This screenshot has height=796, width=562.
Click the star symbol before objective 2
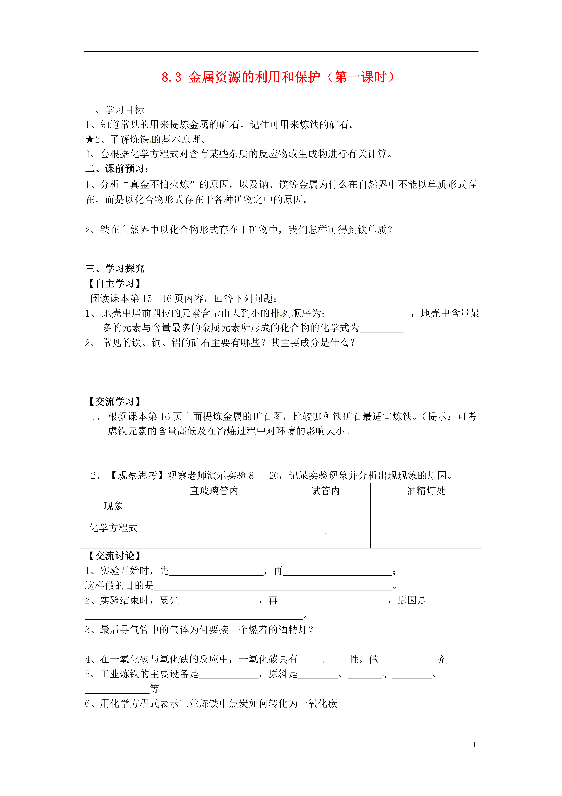pos(89,139)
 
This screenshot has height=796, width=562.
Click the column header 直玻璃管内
pos(214,490)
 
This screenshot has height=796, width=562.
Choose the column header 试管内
pos(325,490)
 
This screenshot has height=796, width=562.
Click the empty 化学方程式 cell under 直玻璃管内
pos(214,534)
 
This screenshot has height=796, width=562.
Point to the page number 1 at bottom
pos(474,744)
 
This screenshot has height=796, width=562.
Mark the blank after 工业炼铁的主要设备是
pos(229,674)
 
